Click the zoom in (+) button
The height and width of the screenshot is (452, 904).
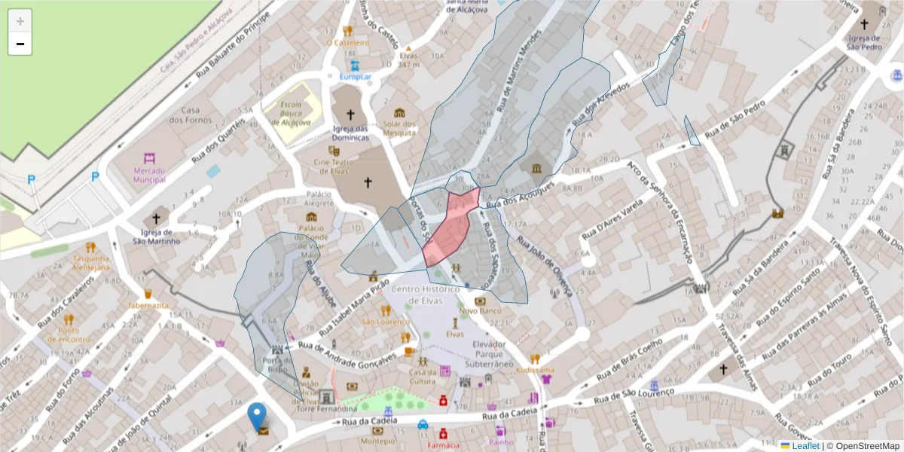[20, 21]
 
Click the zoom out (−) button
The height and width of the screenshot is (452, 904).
[20, 44]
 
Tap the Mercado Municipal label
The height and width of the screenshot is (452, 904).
[148, 175]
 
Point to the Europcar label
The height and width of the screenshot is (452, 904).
[356, 77]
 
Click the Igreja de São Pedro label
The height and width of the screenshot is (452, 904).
[864, 42]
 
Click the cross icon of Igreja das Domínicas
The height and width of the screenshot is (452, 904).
[350, 115]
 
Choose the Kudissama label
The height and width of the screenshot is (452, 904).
[535, 370]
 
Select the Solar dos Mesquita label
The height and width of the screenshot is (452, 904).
[399, 128]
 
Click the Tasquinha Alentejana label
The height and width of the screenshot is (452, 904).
[91, 262]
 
